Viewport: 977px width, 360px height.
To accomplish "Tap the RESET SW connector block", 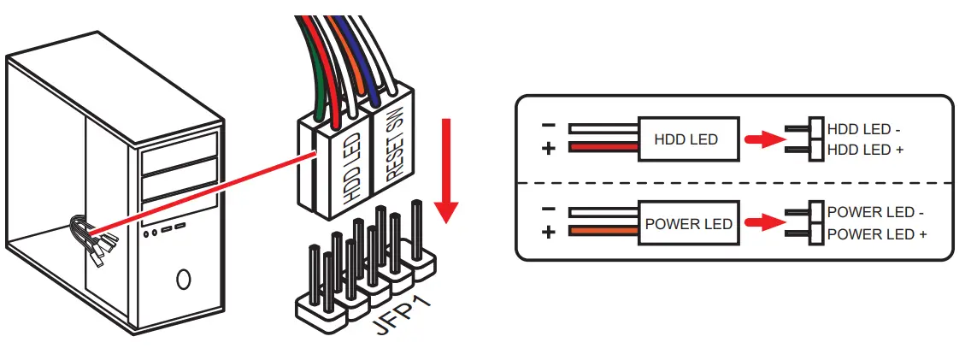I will [394, 154].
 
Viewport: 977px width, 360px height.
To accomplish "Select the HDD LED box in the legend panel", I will [686, 139].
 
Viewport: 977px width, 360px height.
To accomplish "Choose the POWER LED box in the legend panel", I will [688, 224].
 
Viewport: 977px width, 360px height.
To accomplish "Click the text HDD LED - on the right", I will [864, 130].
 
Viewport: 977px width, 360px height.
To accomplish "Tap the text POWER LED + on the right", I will [876, 234].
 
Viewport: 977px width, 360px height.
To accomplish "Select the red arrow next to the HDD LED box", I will [763, 139].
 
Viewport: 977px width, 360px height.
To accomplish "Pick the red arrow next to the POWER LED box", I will [763, 224].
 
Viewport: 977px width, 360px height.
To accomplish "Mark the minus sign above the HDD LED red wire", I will [549, 126].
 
